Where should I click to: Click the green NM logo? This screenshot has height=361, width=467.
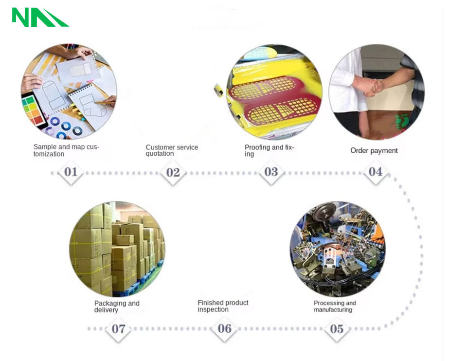[x=40, y=17]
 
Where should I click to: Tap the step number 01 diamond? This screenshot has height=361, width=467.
[x=71, y=172]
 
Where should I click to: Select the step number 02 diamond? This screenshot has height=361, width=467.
[x=173, y=172]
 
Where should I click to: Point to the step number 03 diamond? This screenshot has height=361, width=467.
[x=271, y=172]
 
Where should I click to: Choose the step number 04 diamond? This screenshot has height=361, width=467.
[x=376, y=172]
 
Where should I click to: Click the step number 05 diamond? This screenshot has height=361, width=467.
[x=337, y=329]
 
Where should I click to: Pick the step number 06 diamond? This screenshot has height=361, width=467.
[x=225, y=329]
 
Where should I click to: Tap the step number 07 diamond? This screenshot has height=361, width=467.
[x=119, y=329]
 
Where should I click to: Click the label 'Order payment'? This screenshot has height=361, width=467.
[x=374, y=151]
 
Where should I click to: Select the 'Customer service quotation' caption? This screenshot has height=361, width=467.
[x=172, y=150]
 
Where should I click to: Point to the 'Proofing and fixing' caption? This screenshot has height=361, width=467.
[x=269, y=150]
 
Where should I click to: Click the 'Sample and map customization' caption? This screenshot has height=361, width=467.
[x=66, y=150]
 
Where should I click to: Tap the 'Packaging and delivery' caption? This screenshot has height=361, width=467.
[x=117, y=307]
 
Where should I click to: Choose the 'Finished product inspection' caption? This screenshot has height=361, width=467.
[x=223, y=306]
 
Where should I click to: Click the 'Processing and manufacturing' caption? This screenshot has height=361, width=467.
[x=335, y=307]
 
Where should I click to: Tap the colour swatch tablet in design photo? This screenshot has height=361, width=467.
[x=34, y=109]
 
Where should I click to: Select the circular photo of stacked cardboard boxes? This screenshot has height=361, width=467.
[x=117, y=249]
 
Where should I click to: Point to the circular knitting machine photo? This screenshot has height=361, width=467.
[x=338, y=249]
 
